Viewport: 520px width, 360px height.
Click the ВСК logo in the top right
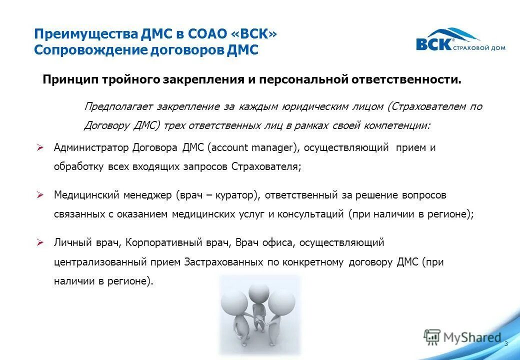[460, 40]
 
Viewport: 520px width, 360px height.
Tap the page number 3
[506, 344]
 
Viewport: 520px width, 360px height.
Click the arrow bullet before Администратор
[41, 147]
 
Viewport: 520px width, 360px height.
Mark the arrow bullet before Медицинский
[41, 194]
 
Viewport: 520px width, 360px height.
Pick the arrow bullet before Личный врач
[41, 242]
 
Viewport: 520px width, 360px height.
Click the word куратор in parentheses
[234, 195]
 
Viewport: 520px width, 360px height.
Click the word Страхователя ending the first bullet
[265, 167]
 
